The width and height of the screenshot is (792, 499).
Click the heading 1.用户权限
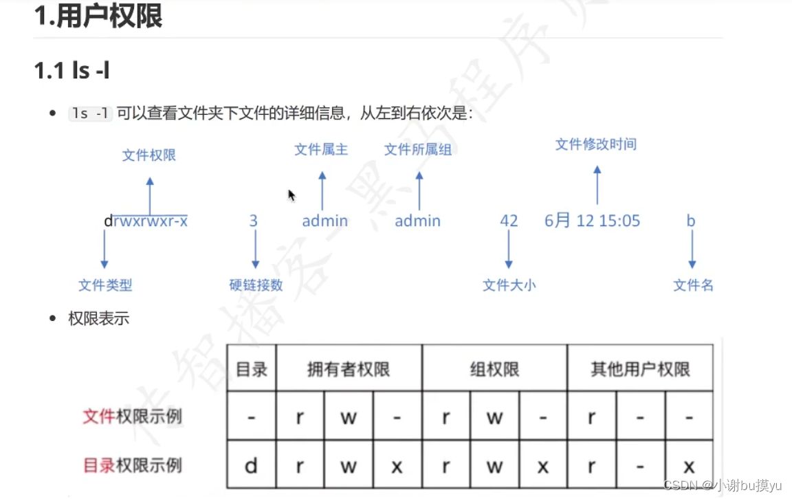[x=98, y=16]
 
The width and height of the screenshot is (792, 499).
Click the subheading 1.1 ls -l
[x=71, y=70]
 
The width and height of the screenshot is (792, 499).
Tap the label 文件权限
[x=149, y=155]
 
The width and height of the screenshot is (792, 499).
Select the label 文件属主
[x=321, y=149]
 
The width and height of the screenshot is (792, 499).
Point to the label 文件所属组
[x=418, y=149]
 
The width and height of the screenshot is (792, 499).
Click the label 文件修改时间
[x=596, y=144]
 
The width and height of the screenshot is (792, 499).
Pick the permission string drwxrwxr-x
[x=146, y=221]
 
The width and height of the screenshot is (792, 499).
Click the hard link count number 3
[x=254, y=221]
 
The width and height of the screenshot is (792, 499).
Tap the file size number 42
[x=509, y=221]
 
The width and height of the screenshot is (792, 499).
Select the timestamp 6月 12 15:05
[x=592, y=221]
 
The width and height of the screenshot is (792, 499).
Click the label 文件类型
[x=105, y=285]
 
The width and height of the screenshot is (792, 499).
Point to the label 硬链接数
[x=256, y=285]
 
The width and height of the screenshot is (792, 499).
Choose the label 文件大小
[x=509, y=285]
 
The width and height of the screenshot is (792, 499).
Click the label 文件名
[x=693, y=285]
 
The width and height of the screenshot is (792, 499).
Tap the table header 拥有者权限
[x=349, y=369]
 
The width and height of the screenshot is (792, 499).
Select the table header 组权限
[x=494, y=369]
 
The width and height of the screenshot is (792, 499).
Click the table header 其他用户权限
[x=640, y=369]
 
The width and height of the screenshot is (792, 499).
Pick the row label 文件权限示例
[x=132, y=417]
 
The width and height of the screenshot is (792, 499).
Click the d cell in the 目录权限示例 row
[x=251, y=466]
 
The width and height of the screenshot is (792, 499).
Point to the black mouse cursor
[x=291, y=195]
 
